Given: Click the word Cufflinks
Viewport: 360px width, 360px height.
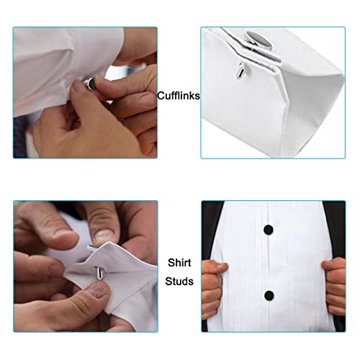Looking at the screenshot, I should [179, 95].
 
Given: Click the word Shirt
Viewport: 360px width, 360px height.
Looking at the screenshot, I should [179, 263].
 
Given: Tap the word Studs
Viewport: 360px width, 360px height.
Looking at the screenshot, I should [179, 281].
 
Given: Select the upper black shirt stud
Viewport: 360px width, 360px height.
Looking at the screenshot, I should [268, 229].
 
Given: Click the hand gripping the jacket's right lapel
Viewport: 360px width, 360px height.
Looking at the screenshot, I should [333, 276].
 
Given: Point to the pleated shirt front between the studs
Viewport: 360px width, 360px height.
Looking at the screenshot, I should [268, 263].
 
